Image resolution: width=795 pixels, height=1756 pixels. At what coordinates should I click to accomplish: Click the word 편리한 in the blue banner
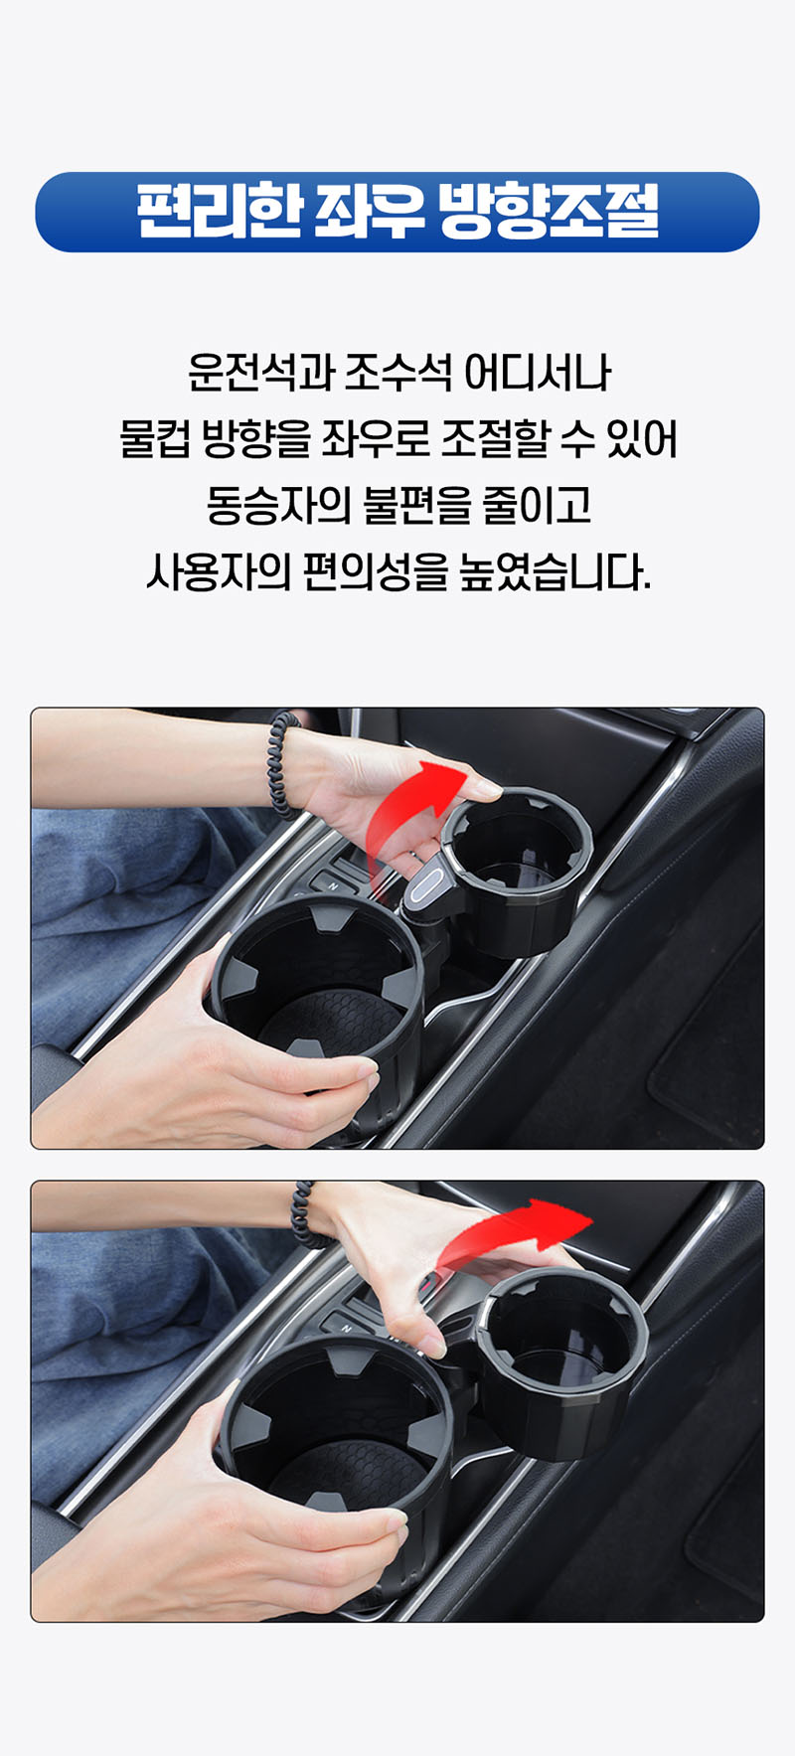(219, 211)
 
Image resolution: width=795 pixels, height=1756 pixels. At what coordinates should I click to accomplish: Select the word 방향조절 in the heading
(549, 211)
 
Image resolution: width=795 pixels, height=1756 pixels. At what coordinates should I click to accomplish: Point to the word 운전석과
(260, 372)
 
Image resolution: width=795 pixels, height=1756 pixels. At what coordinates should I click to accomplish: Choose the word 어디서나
(538, 372)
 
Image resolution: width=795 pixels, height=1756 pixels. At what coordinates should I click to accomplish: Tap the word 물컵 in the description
(154, 438)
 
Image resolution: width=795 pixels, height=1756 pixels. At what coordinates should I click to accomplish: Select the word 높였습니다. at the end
(556, 571)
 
